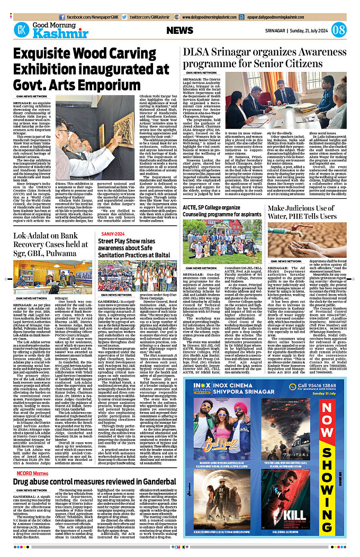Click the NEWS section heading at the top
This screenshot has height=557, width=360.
click(183, 30)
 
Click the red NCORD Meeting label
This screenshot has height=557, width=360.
click(31, 472)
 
